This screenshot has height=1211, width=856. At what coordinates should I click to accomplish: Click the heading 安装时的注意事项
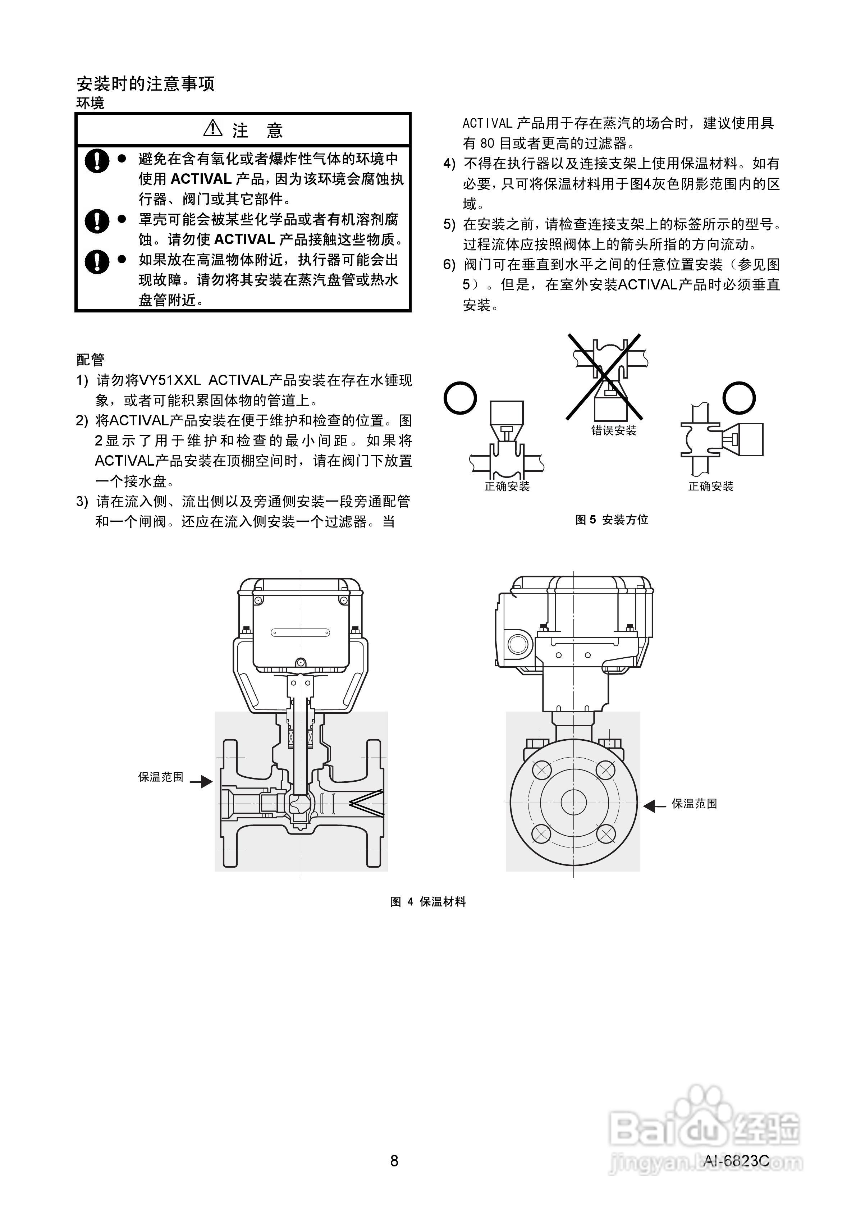tap(146, 84)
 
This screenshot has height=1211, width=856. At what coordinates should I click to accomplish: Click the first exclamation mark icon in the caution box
tap(96, 160)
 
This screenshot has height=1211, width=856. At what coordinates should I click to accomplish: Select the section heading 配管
tap(91, 360)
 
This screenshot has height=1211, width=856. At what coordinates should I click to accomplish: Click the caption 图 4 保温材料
tap(428, 902)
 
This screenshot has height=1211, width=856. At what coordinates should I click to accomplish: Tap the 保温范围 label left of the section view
tap(161, 777)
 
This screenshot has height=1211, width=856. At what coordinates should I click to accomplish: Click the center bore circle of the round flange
tap(573, 802)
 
